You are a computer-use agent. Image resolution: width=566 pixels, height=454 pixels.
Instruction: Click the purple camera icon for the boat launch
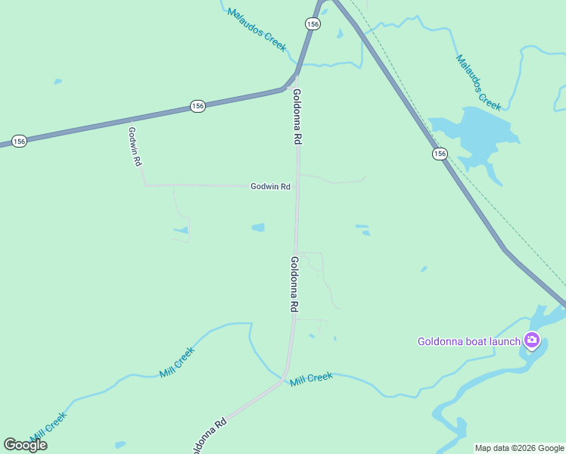(532, 340)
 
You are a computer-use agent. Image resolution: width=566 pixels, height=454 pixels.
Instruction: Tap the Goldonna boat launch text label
(469, 341)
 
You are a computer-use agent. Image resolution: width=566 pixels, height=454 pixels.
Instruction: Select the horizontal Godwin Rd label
(271, 186)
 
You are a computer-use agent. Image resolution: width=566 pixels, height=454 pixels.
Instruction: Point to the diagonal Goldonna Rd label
(210, 437)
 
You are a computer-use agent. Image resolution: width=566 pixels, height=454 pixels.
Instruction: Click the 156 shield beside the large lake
(440, 154)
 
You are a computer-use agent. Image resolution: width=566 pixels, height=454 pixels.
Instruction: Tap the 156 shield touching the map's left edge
(20, 141)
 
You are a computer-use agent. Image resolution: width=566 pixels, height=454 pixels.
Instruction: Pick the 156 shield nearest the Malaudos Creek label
(313, 24)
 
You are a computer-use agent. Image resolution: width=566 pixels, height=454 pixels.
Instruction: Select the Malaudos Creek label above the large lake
(478, 81)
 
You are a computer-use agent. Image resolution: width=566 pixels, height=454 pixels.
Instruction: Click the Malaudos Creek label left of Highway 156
(257, 30)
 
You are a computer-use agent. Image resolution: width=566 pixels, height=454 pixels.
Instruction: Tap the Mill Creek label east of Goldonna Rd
(311, 378)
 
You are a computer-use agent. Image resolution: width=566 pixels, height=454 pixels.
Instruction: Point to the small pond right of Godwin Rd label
(259, 227)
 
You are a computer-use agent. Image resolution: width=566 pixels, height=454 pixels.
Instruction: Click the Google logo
(25, 445)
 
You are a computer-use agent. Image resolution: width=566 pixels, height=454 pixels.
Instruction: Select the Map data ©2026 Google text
(519, 448)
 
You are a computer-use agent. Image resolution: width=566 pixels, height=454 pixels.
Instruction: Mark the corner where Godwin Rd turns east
(145, 185)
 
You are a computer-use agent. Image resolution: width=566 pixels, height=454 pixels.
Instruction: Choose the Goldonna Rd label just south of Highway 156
(297, 117)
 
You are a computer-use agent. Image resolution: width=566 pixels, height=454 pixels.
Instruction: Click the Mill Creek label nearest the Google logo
(49, 426)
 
